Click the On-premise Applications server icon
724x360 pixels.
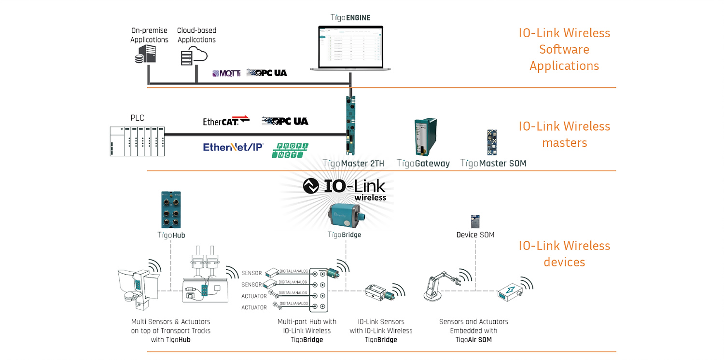click(x=145, y=54)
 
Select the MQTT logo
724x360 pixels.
click(x=226, y=73)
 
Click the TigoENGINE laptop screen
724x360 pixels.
click(x=350, y=46)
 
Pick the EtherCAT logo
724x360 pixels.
click(x=226, y=121)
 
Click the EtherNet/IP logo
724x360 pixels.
click(x=233, y=147)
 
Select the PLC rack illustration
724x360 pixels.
click(x=137, y=141)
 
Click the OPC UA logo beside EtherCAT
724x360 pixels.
click(x=285, y=121)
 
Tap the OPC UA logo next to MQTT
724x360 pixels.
click(x=266, y=73)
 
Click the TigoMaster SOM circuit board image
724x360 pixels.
click(x=491, y=142)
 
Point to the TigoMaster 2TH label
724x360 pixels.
click(x=353, y=164)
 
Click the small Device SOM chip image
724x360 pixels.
click(x=475, y=222)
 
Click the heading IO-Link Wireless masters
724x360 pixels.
click(x=564, y=134)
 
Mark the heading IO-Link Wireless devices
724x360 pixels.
click(x=564, y=254)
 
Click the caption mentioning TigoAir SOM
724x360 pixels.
click(x=473, y=331)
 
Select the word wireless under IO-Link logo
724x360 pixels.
click(x=370, y=197)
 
